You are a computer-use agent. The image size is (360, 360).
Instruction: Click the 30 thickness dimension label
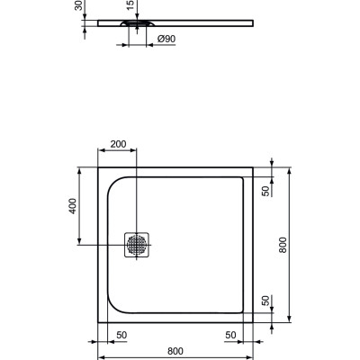pyautogui.click(x=78, y=7)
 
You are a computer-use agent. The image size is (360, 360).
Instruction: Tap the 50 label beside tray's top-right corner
pyautogui.click(x=265, y=190)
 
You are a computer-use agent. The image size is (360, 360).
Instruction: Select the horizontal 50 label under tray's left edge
pyautogui.click(x=120, y=335)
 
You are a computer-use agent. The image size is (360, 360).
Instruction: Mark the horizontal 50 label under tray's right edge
pyautogui.click(x=231, y=335)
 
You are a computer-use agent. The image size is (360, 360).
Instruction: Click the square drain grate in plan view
pyautogui.click(x=137, y=243)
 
